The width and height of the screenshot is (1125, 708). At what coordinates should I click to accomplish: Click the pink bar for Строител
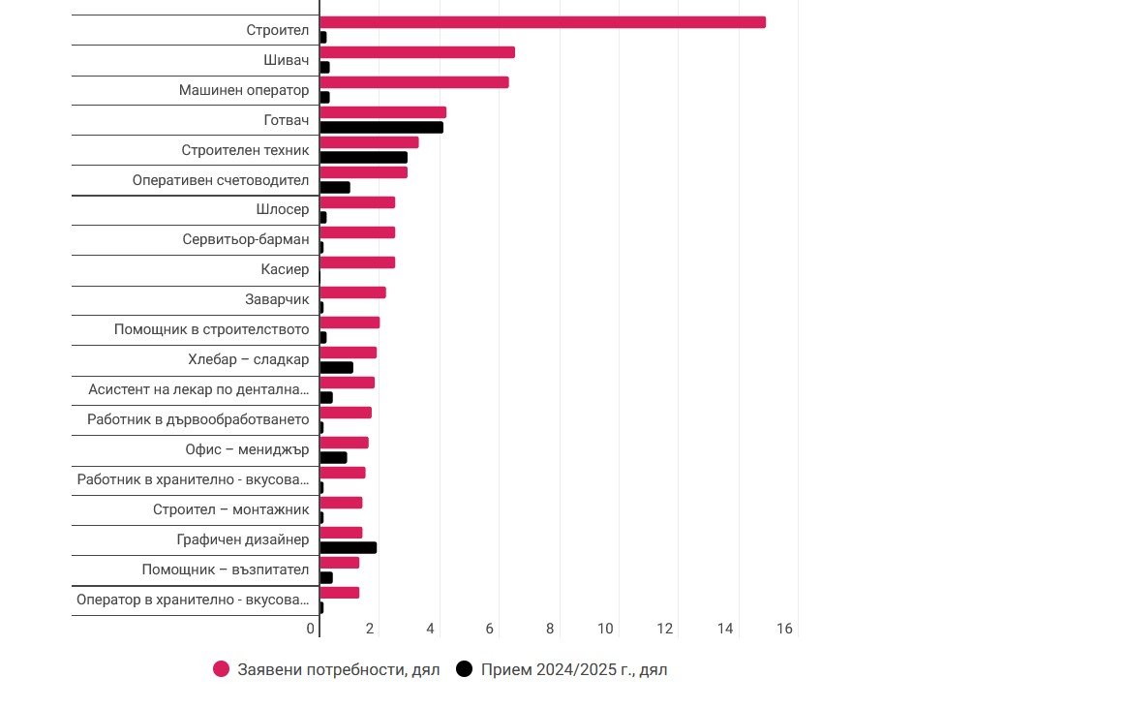pos(542,22)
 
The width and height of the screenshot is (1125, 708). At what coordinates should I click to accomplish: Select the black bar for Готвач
pos(381,127)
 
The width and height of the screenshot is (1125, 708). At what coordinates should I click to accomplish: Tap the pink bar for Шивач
pos(417,52)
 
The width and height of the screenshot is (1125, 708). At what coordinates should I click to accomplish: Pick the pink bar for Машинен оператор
pos(414,82)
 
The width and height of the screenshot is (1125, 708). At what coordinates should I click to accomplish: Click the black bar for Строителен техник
pos(363,157)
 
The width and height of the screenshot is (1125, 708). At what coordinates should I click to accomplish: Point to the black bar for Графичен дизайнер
pos(348,547)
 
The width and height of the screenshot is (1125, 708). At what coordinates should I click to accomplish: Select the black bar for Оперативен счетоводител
pos(335,187)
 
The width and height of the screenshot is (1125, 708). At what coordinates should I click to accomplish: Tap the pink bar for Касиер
pos(357,262)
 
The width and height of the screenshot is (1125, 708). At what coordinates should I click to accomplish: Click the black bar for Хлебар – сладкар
pos(336,367)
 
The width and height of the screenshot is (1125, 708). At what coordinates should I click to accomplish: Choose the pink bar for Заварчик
pos(352,292)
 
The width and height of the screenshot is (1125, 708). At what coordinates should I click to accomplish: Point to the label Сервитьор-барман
pos(246,239)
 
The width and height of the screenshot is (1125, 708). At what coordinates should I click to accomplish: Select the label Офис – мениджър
pos(247,449)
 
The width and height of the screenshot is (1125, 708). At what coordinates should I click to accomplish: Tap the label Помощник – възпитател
pos(226,569)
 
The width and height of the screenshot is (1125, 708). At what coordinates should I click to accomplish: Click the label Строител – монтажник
pos(231,509)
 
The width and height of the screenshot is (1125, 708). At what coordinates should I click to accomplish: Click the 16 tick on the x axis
pos(784,629)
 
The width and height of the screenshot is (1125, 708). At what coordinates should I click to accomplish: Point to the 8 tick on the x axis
pos(550,629)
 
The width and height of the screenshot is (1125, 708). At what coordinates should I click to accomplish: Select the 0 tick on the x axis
pos(311,629)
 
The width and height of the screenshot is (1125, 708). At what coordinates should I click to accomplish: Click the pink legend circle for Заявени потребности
pos(222,669)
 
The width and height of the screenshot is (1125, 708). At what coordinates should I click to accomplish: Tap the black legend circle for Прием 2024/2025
pos(465,669)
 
